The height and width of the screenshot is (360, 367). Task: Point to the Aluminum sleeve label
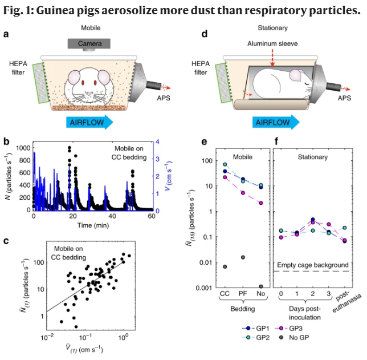(x=271, y=43)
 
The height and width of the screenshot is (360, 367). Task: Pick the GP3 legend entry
(x=291, y=329)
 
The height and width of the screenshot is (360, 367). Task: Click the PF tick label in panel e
(x=243, y=294)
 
